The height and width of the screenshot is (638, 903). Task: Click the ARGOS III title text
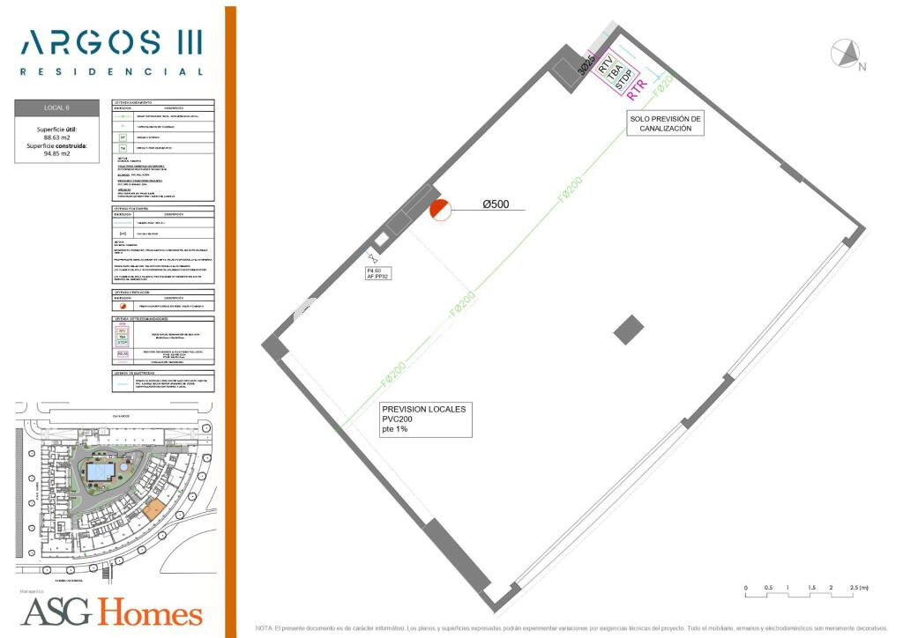pos(111,42)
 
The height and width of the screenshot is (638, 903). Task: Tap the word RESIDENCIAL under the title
pos(111,71)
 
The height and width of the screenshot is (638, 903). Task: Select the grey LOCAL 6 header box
pos(56,108)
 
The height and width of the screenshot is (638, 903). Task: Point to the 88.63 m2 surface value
pos(56,137)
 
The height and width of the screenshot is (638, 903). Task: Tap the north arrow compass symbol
pos(846,55)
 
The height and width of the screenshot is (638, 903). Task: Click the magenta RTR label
pos(637,89)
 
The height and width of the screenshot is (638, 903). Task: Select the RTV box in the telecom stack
pos(605,63)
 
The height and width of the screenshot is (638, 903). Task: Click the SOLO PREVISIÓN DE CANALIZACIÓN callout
pos(665,123)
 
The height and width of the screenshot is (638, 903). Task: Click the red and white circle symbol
pos(440,210)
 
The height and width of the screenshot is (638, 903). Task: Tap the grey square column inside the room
pos(629,330)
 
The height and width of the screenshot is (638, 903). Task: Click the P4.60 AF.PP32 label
pos(378,273)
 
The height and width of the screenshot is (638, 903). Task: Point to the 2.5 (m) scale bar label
pos(858,587)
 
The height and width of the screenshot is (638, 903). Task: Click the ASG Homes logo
pos(111,611)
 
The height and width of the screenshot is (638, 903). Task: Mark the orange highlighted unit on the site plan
pos(153,508)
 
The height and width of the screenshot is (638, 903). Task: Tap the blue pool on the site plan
pos(100,472)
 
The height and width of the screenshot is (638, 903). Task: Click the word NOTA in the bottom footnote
pos(264,628)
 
